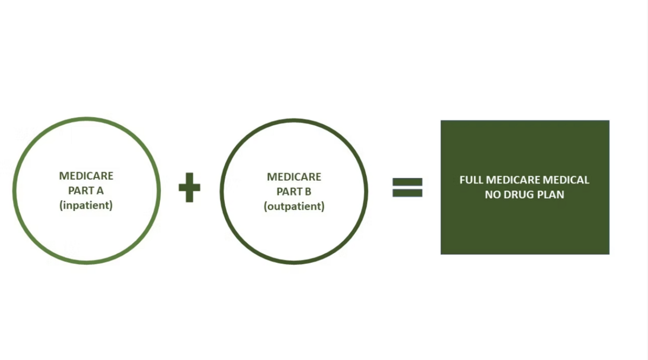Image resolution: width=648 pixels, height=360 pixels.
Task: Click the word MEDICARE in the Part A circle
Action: click(86, 176)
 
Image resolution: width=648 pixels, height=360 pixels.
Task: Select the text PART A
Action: click(86, 191)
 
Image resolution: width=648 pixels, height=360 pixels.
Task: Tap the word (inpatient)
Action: click(86, 205)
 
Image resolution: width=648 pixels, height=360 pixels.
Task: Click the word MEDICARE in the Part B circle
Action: click(294, 176)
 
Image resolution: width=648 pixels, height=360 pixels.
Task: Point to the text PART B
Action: click(294, 192)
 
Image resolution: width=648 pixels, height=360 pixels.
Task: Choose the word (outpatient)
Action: click(294, 207)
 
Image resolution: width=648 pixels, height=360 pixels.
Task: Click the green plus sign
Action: click(190, 187)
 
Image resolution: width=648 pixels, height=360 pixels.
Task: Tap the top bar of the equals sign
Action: click(407, 182)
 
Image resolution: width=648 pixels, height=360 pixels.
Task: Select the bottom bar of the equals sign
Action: click(407, 193)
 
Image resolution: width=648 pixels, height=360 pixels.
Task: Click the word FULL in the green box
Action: click(471, 180)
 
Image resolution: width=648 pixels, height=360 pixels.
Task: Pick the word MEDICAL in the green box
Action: click(566, 180)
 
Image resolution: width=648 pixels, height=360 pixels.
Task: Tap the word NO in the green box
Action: click(493, 195)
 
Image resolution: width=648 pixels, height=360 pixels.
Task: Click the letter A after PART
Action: click(100, 191)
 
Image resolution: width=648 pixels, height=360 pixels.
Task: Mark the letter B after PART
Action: click(308, 192)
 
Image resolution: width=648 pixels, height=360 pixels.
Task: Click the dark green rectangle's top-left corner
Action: click(441, 120)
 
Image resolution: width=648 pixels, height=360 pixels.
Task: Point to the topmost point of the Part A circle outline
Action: click(86, 119)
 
